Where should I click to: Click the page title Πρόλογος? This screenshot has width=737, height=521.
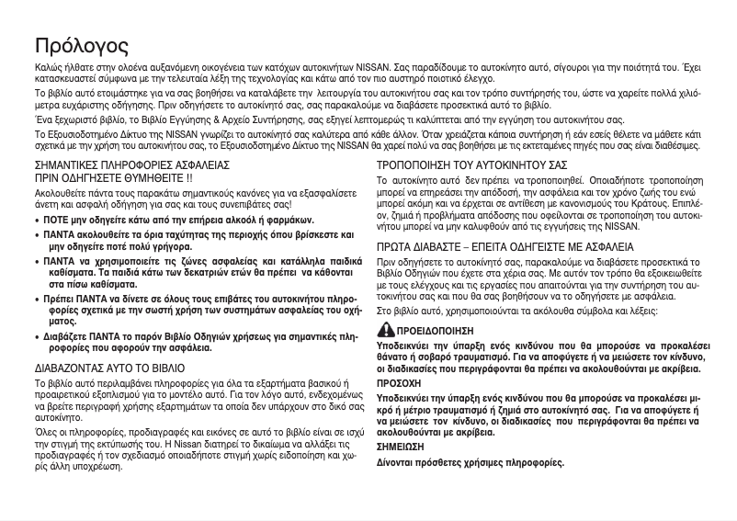(82, 46)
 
